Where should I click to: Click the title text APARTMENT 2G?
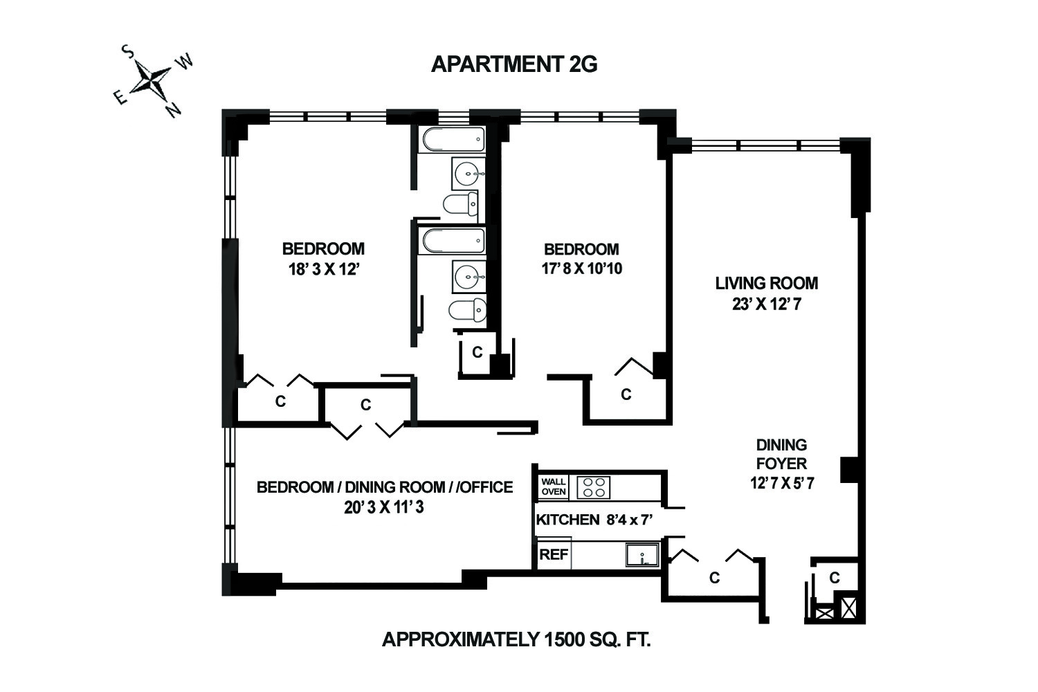(513, 64)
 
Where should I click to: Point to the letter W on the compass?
(185, 62)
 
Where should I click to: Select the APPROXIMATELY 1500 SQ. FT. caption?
(516, 639)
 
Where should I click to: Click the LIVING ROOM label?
(766, 283)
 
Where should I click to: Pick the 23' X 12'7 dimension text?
(766, 304)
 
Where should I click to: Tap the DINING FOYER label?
(781, 454)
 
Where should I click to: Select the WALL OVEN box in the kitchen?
(554, 486)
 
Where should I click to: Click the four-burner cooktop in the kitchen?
(594, 487)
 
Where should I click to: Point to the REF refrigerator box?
(554, 554)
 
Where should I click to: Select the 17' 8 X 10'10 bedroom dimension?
(581, 268)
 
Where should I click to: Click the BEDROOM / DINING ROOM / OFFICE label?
(385, 487)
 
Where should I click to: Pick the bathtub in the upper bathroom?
(453, 140)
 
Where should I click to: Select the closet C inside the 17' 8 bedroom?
(626, 394)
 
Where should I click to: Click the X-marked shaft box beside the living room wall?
(848, 608)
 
